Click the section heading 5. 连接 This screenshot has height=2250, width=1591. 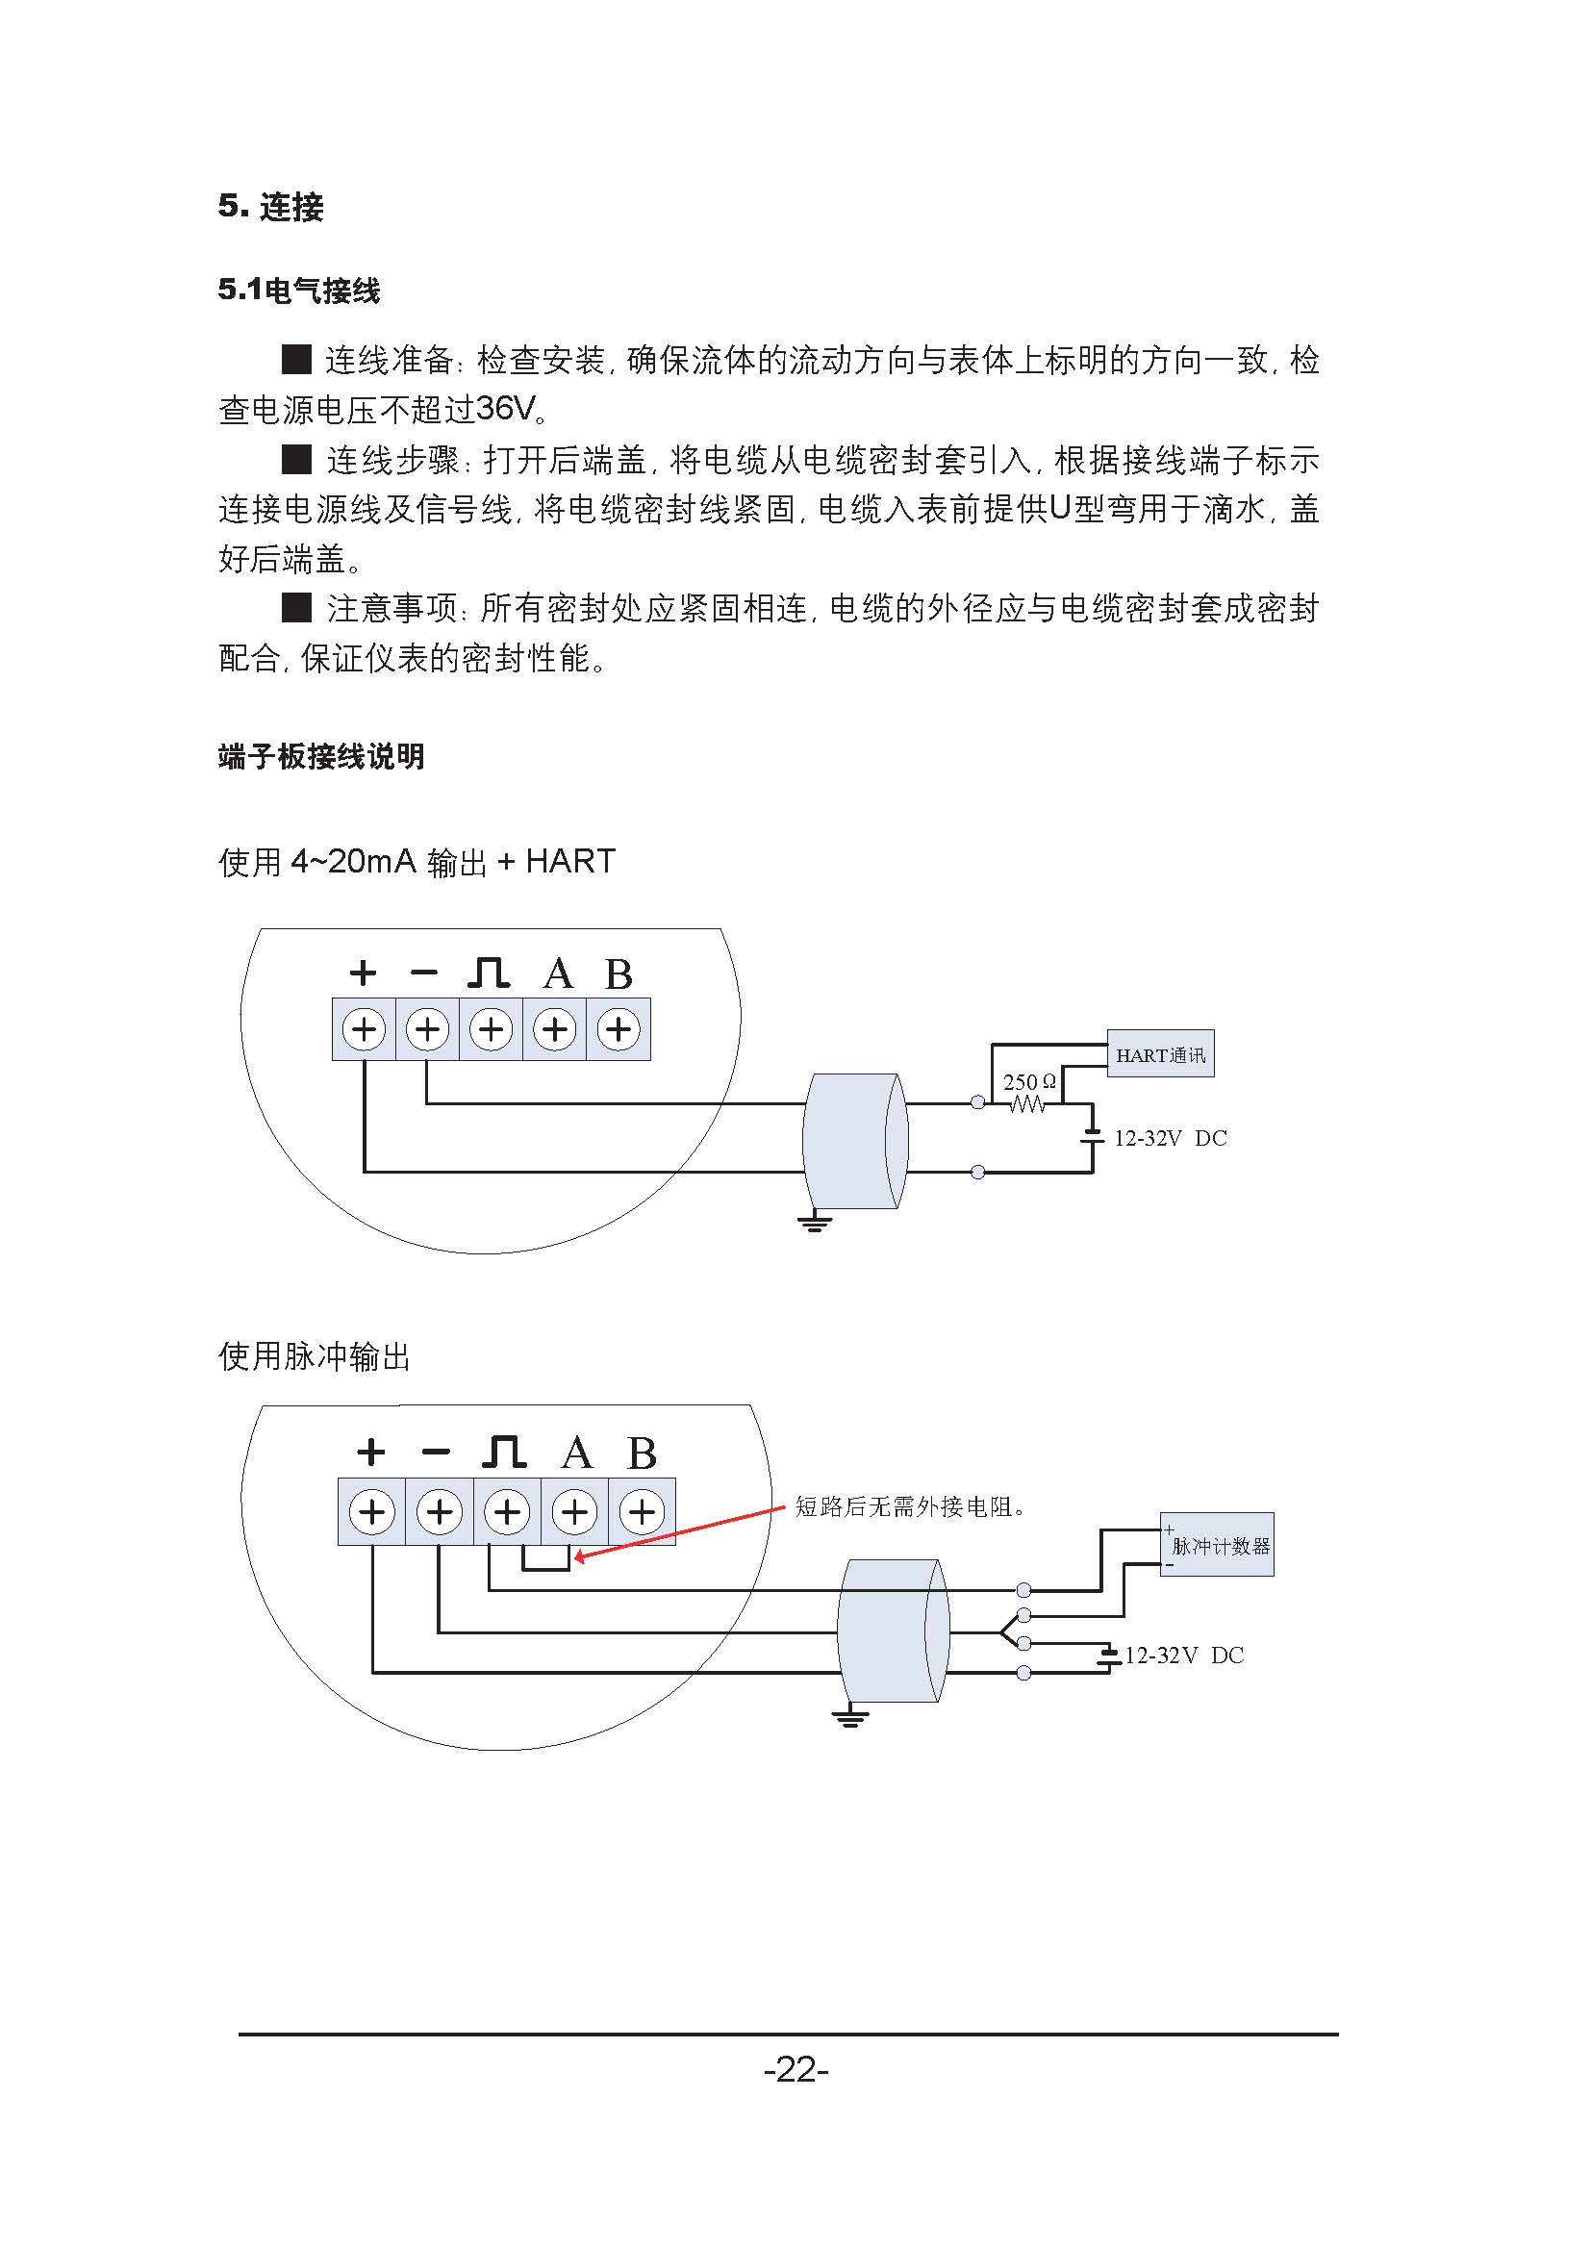point(270,207)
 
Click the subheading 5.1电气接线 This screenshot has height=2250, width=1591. point(299,291)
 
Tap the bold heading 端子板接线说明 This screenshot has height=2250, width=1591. point(321,756)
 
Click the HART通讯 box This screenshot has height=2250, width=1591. point(1160,1053)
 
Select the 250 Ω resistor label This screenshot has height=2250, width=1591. point(1029,1082)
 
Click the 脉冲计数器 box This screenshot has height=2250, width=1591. point(1218,1545)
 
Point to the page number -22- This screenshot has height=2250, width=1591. point(795,2070)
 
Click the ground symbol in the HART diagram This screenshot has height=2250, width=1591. point(814,1221)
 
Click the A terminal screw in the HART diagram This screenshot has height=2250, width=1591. point(555,1030)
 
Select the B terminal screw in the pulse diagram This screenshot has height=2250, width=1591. point(642,1512)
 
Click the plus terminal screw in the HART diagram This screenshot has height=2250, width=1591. point(365,1030)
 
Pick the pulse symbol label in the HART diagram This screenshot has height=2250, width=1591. point(489,973)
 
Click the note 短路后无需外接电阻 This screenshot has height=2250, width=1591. point(910,1506)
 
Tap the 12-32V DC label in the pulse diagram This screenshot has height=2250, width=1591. point(1183,1656)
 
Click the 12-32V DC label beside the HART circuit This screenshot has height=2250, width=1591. point(1170,1138)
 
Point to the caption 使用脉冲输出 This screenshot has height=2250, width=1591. point(315,1356)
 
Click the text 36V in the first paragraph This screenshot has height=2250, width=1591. point(506,409)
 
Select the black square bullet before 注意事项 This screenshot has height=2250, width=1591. point(297,608)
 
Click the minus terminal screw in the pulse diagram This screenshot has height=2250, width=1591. point(440,1512)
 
